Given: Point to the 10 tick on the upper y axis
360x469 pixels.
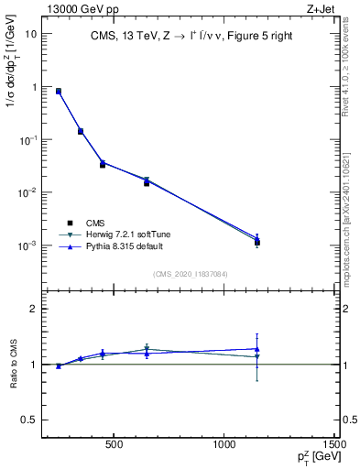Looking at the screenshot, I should click(31, 34).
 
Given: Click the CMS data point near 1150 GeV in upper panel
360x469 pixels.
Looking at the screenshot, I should click(257, 243).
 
